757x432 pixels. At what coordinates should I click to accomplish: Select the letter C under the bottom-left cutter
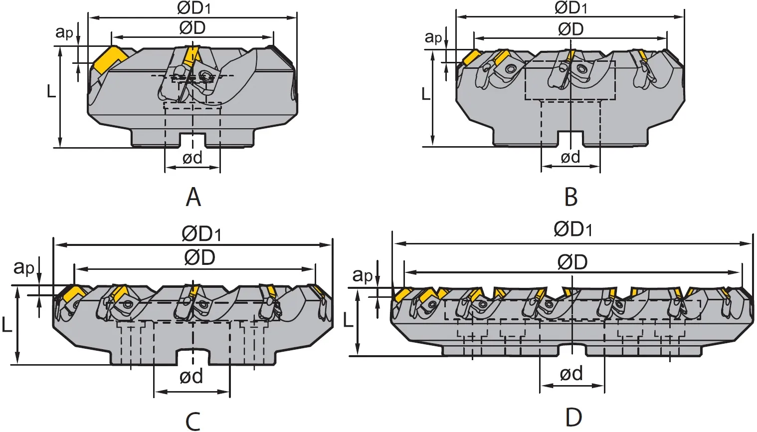(193, 421)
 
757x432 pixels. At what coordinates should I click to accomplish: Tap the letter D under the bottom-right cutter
(573, 418)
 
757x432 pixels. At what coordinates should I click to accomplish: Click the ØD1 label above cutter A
(194, 8)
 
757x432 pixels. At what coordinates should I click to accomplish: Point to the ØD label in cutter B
(571, 29)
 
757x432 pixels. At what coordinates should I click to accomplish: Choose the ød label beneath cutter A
(192, 158)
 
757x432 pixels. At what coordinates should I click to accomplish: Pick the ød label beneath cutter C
(191, 376)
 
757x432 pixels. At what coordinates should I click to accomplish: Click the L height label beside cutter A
(51, 91)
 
